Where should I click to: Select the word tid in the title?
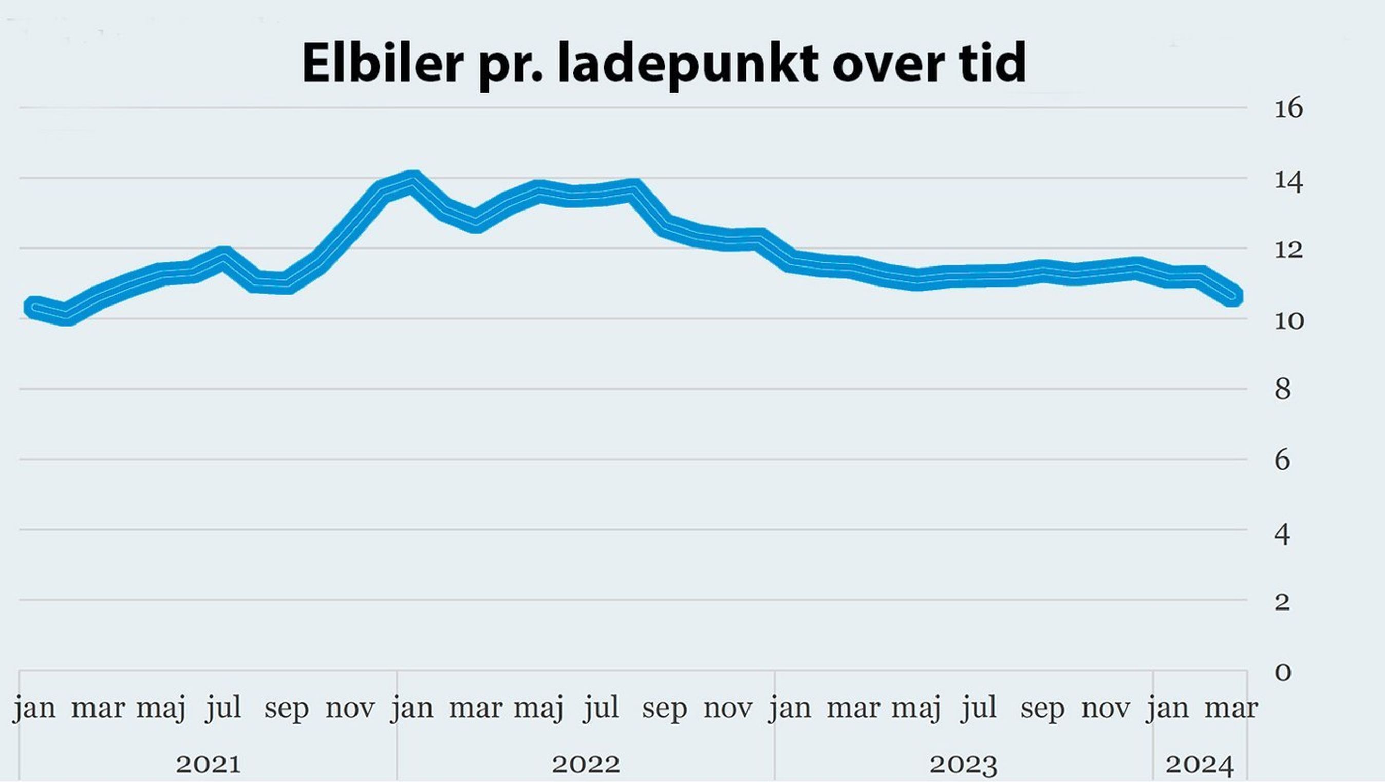(x=990, y=62)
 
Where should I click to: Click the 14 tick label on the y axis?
(x=1288, y=182)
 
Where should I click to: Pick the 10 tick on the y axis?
(x=1288, y=321)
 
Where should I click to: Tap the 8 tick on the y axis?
(x=1282, y=390)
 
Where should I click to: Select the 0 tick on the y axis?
(x=1283, y=672)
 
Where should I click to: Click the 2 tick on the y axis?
(x=1282, y=602)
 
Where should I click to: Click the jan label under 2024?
(x=1167, y=708)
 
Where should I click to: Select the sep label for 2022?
(x=665, y=708)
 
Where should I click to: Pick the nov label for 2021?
(x=349, y=708)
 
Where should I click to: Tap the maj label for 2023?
(x=916, y=708)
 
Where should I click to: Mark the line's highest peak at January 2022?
(x=414, y=180)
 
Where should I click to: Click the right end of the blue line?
(x=1234, y=295)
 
